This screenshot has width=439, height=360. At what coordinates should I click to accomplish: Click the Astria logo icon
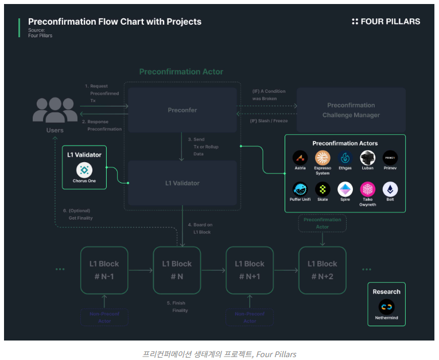pyautogui.click(x=299, y=158)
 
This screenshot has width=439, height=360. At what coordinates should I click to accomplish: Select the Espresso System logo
pyautogui.click(x=323, y=158)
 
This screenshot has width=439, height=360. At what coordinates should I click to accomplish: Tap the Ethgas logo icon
pyautogui.click(x=345, y=158)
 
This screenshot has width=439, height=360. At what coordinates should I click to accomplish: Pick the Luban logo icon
pyautogui.click(x=368, y=158)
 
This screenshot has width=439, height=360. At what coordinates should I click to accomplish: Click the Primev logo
pyautogui.click(x=390, y=158)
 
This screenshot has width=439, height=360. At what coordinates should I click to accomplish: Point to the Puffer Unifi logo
pyautogui.click(x=299, y=189)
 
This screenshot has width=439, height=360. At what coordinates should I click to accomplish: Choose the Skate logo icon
pyautogui.click(x=323, y=189)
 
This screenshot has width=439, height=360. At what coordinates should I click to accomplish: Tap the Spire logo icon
pyautogui.click(x=345, y=189)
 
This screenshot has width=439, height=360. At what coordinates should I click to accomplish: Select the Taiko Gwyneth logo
pyautogui.click(x=368, y=189)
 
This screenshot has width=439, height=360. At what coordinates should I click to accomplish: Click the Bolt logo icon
pyautogui.click(x=390, y=189)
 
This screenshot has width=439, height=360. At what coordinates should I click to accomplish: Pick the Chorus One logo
pyautogui.click(x=84, y=170)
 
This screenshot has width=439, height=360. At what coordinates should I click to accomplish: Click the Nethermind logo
pyautogui.click(x=387, y=307)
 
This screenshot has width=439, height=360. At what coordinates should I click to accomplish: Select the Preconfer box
pyautogui.click(x=182, y=109)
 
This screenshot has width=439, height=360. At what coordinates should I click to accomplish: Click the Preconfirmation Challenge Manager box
pyautogui.click(x=351, y=110)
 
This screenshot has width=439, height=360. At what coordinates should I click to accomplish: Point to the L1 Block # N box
pyautogui.click(x=177, y=270)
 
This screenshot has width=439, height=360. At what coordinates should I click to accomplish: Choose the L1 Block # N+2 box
pyautogui.click(x=323, y=270)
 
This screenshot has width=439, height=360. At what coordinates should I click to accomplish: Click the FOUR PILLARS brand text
pyautogui.click(x=386, y=22)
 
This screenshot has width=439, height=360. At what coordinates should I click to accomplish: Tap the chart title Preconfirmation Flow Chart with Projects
pyautogui.click(x=115, y=22)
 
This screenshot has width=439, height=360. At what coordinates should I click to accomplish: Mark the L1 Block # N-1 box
pyautogui.click(x=104, y=270)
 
